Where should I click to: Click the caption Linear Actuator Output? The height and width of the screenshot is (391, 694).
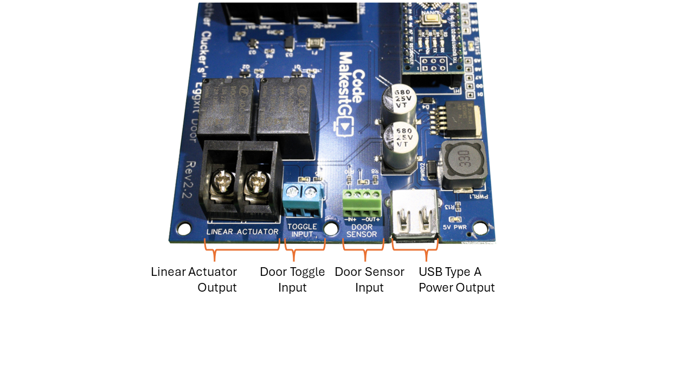[x=194, y=279]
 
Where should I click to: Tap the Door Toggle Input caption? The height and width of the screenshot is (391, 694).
[x=292, y=279]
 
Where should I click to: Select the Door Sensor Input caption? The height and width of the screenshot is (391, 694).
[x=369, y=279]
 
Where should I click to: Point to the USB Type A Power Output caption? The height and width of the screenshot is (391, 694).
[x=457, y=279]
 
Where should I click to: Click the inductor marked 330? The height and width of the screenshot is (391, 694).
[x=464, y=164]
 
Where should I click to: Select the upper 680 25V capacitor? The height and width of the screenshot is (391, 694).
[x=402, y=100]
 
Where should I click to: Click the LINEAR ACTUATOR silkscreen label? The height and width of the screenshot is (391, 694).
[x=242, y=232]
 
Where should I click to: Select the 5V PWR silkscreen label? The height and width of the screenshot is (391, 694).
[x=454, y=227]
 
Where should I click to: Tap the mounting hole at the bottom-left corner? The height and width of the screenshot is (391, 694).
[x=184, y=229]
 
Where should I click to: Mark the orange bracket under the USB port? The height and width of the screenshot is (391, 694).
[x=415, y=250]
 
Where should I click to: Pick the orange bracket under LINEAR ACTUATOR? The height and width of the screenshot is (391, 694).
[x=242, y=250]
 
